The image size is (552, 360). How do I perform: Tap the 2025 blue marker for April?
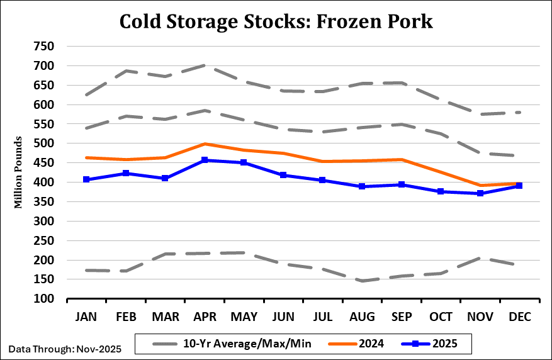tap(205, 160)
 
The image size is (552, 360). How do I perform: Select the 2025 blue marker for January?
tap(86, 180)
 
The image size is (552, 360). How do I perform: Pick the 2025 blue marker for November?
tap(480, 193)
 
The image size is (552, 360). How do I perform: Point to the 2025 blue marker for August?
tap(362, 186)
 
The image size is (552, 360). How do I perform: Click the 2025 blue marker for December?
tap(519, 186)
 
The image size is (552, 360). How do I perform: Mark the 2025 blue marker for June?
tap(283, 175)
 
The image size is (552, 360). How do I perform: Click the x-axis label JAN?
tap(86, 318)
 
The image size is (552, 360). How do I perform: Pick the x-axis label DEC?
tap(519, 318)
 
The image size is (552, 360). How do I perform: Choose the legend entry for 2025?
tap(444, 344)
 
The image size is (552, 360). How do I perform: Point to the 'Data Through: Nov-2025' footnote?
tap(65, 348)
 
